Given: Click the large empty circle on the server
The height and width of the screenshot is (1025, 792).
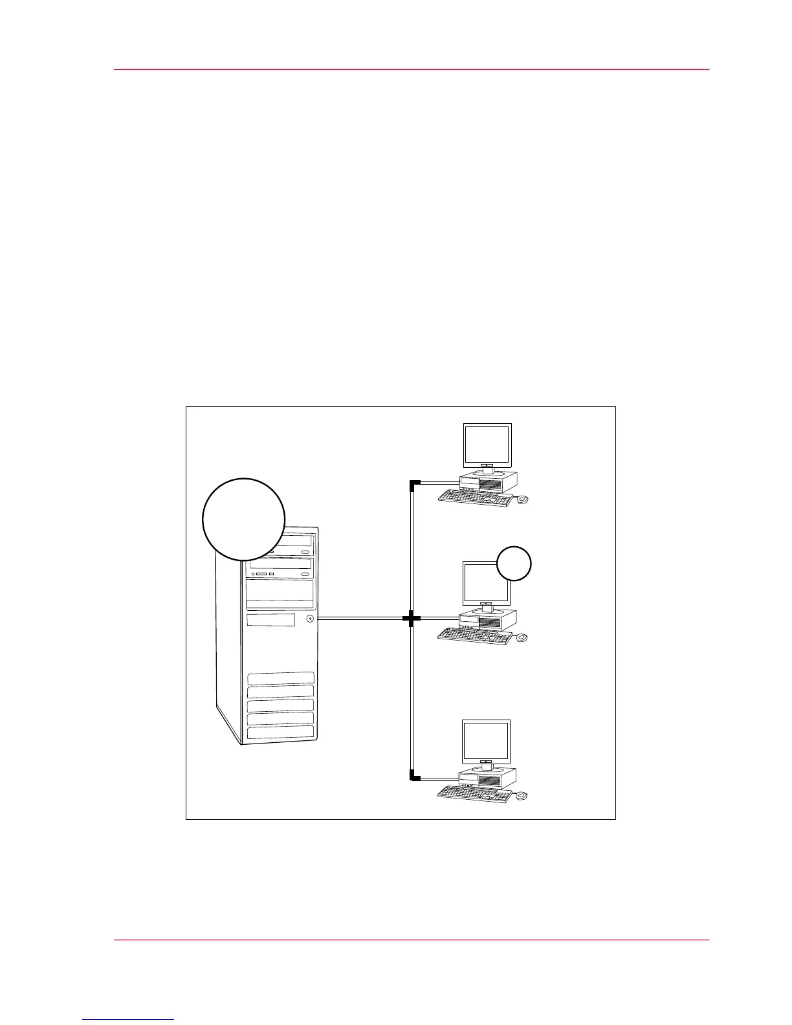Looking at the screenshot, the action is [x=243, y=519].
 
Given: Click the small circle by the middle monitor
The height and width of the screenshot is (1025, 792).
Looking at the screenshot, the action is [x=514, y=563].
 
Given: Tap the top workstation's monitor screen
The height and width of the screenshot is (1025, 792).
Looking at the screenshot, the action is [x=488, y=444].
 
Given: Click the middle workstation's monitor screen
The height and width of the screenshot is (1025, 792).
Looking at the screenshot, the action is [x=482, y=582].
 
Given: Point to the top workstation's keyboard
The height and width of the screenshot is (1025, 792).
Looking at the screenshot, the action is [x=476, y=497].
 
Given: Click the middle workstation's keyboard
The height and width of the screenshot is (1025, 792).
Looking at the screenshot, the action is [x=476, y=636].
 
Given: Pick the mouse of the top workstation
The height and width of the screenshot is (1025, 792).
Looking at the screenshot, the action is [x=522, y=500].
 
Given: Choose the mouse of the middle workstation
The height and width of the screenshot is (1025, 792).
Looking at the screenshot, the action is [x=522, y=638].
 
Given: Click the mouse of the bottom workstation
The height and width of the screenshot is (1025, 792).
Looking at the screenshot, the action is [x=522, y=795].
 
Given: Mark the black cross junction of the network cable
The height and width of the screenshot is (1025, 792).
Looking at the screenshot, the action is [x=412, y=619].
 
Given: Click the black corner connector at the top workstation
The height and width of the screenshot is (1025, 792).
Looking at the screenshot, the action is [x=413, y=483].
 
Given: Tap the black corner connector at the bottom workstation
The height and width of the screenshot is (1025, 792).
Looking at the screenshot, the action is [x=413, y=777].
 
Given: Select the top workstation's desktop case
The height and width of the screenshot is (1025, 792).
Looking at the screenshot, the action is [x=489, y=481].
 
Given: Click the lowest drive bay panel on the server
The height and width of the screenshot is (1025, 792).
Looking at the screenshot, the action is [x=280, y=732].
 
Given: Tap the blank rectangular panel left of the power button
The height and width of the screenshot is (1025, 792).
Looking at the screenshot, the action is [x=270, y=620].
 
